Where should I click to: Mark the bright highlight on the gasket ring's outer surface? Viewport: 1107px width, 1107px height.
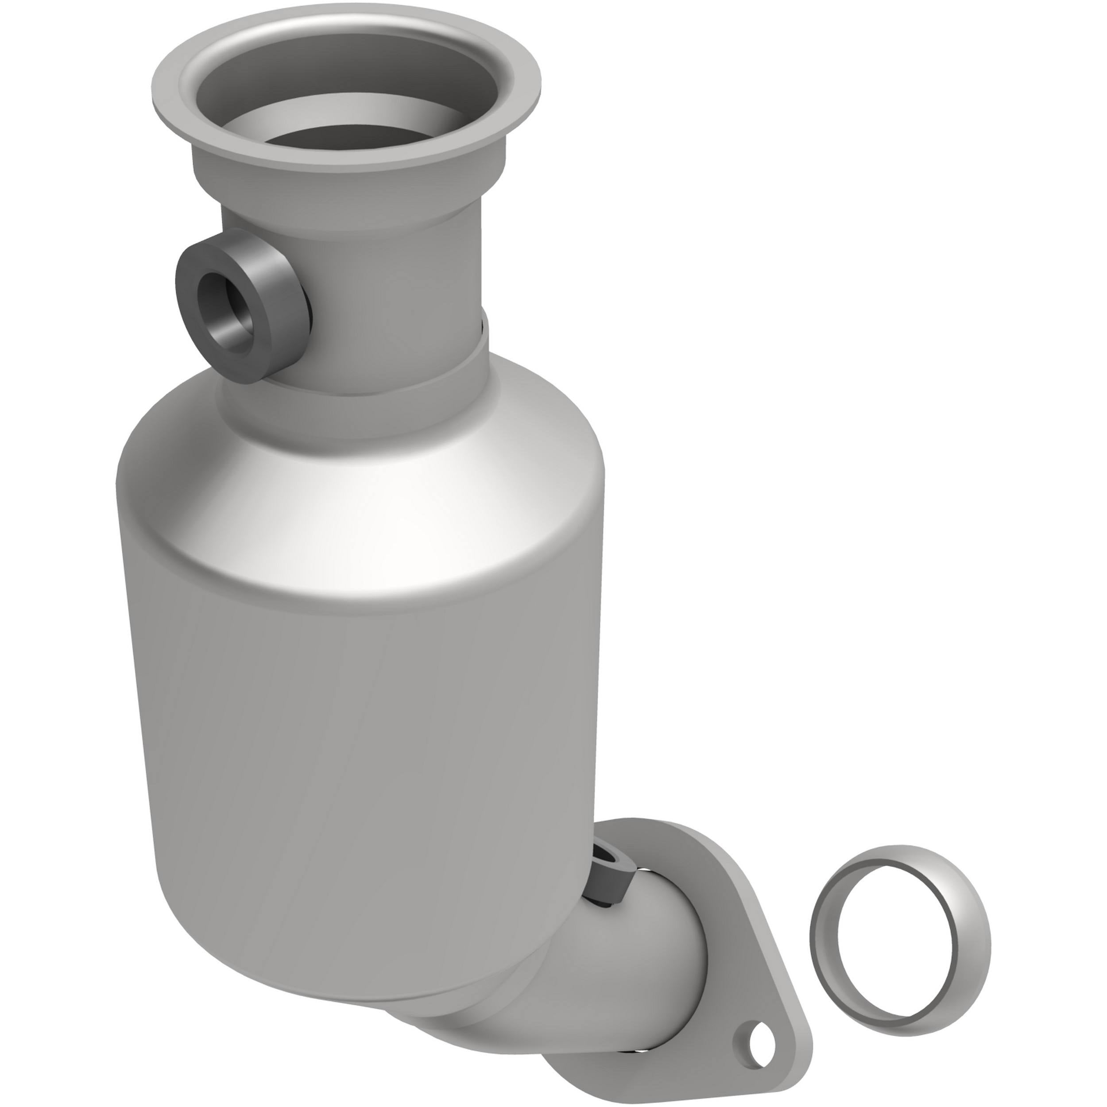968,940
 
